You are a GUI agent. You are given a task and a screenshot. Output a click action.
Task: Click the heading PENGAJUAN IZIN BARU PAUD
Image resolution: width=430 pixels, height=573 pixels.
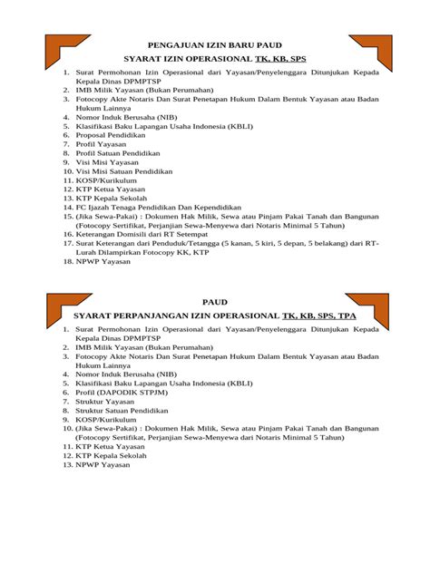click(214, 44)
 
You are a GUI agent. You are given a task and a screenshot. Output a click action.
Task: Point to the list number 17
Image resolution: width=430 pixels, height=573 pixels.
click(67, 243)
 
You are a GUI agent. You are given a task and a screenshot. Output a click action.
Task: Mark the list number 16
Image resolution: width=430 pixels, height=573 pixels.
click(67, 234)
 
